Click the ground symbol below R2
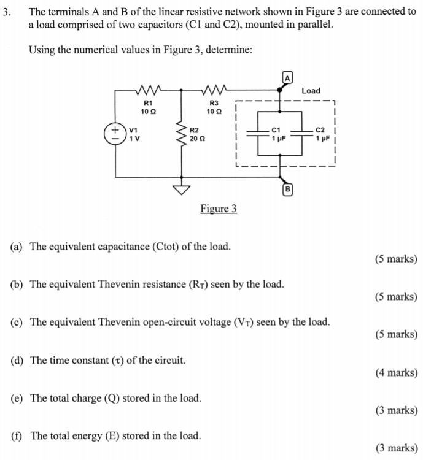coord(182,190)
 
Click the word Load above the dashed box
coord(311,91)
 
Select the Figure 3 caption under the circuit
coord(218,209)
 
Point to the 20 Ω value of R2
coord(198,139)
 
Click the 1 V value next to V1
coord(134,139)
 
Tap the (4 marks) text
coord(396,372)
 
